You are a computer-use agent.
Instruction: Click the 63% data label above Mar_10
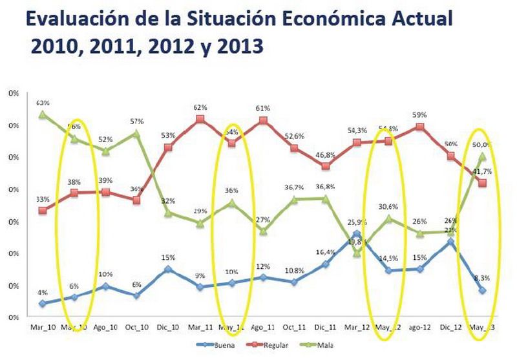tap(43, 103)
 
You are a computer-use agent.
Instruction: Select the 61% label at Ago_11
tap(263, 108)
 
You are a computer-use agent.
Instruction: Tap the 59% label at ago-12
tap(420, 115)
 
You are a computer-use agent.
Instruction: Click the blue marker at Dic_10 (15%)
tap(168, 268)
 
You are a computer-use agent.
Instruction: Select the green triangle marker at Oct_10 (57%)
tap(137, 134)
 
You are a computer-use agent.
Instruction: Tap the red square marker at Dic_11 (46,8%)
tap(326, 166)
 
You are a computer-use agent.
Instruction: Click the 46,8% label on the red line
tap(326, 155)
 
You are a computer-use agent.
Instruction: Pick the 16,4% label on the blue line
tap(324, 253)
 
